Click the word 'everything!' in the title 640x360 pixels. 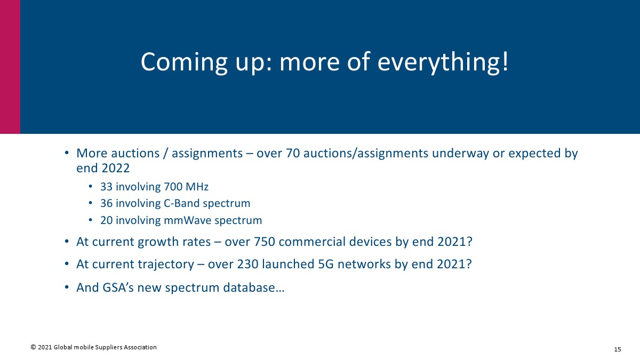pos(443,62)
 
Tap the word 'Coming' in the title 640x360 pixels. pos(184,62)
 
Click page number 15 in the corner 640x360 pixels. pos(618,349)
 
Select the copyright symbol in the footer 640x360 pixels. pos(33,347)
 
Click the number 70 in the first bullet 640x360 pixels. pos(293,153)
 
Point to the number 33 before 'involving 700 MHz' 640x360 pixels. pos(106,187)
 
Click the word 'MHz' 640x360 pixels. pos(197,187)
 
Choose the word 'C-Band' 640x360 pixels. pos(181,203)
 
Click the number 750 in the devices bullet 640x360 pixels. pos(265,242)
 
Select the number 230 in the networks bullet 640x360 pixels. pos(247,264)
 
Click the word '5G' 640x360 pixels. pos(326,264)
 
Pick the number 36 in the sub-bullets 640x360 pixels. pos(106,203)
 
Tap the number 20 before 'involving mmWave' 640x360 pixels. pos(106,220)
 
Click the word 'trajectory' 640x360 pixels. pos(166,265)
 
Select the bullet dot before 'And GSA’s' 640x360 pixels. pos(67,287)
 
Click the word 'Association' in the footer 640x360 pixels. pos(140,347)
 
